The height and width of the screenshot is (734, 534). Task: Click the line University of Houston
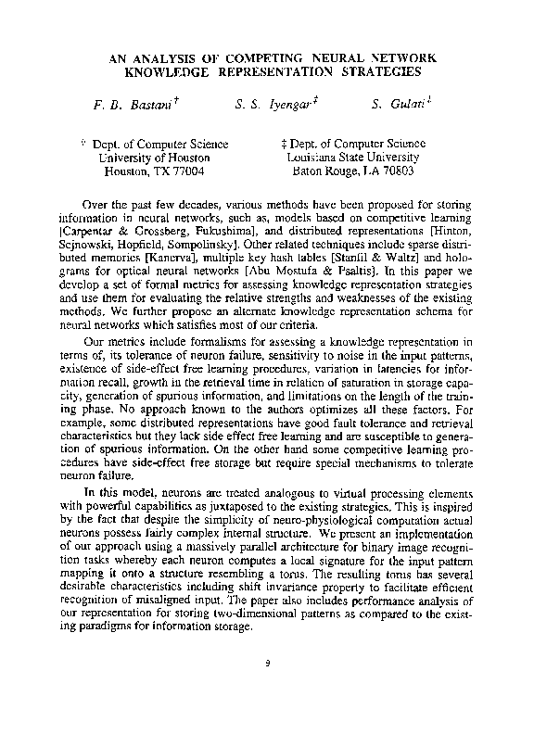coord(154,158)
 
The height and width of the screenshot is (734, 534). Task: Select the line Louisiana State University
coord(352,158)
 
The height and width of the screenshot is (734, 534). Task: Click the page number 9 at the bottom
coord(267,662)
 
